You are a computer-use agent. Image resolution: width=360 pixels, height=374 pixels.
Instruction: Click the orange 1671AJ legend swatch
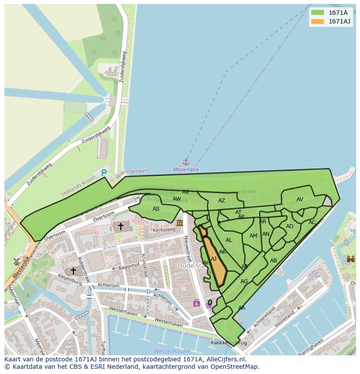(x=317, y=21)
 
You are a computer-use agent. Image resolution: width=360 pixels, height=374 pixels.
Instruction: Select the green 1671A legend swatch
(x=317, y=13)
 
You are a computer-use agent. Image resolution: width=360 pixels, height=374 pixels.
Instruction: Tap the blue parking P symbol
(x=104, y=173)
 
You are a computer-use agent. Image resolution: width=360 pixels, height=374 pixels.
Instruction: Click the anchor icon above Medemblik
(x=186, y=162)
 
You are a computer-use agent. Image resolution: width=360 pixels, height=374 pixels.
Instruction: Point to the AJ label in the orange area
(x=213, y=259)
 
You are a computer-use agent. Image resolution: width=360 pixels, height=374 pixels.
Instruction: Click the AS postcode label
(x=156, y=209)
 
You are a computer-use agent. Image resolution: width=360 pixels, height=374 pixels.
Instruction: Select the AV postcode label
(x=300, y=199)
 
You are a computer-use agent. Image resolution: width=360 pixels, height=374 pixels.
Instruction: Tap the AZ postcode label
(x=222, y=201)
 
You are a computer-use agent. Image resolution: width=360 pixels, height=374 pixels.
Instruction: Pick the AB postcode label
(x=273, y=261)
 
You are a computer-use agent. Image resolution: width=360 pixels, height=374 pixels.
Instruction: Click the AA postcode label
(x=242, y=308)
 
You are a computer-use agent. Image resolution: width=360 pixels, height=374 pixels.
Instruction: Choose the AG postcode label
(x=244, y=281)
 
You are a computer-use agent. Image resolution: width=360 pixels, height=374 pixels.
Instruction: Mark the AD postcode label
(x=290, y=226)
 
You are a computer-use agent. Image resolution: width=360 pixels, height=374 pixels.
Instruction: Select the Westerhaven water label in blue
(x=171, y=351)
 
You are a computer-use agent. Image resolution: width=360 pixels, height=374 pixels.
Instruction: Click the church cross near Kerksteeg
(x=120, y=226)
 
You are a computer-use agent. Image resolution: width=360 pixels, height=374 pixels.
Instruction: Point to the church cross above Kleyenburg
(x=73, y=271)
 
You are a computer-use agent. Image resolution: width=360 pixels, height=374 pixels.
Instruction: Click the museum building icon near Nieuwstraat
(x=180, y=223)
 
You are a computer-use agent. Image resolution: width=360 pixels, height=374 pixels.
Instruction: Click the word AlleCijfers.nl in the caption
(x=225, y=359)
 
